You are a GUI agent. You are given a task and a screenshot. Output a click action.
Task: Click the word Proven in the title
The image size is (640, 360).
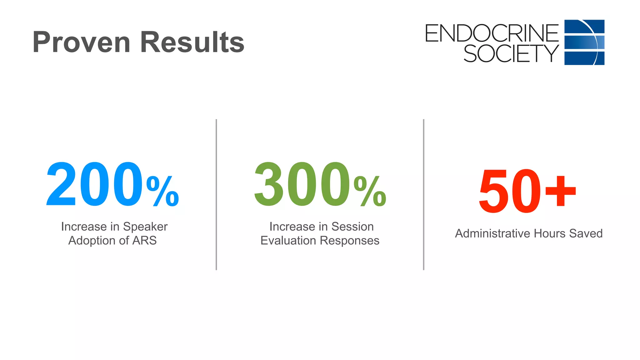click(81, 42)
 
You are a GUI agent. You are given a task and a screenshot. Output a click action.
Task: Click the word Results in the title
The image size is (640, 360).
click(192, 42)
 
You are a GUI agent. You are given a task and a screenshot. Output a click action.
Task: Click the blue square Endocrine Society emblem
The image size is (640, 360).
click(584, 42)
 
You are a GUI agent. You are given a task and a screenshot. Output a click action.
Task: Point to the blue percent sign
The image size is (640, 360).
click(162, 191)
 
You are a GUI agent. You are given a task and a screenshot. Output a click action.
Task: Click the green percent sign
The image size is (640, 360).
click(370, 191)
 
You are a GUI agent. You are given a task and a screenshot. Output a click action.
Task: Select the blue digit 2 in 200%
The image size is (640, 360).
click(62, 184)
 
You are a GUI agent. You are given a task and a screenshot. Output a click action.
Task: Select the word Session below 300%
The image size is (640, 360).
click(352, 227)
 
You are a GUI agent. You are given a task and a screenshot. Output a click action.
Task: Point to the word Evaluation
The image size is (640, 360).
click(288, 241)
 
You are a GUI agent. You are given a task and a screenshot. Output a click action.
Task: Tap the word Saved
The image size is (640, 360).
click(586, 233)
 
